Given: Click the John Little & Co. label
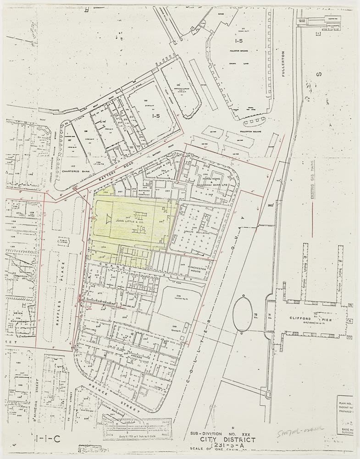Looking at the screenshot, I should [131, 220].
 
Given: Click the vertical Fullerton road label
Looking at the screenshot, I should [283, 64].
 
